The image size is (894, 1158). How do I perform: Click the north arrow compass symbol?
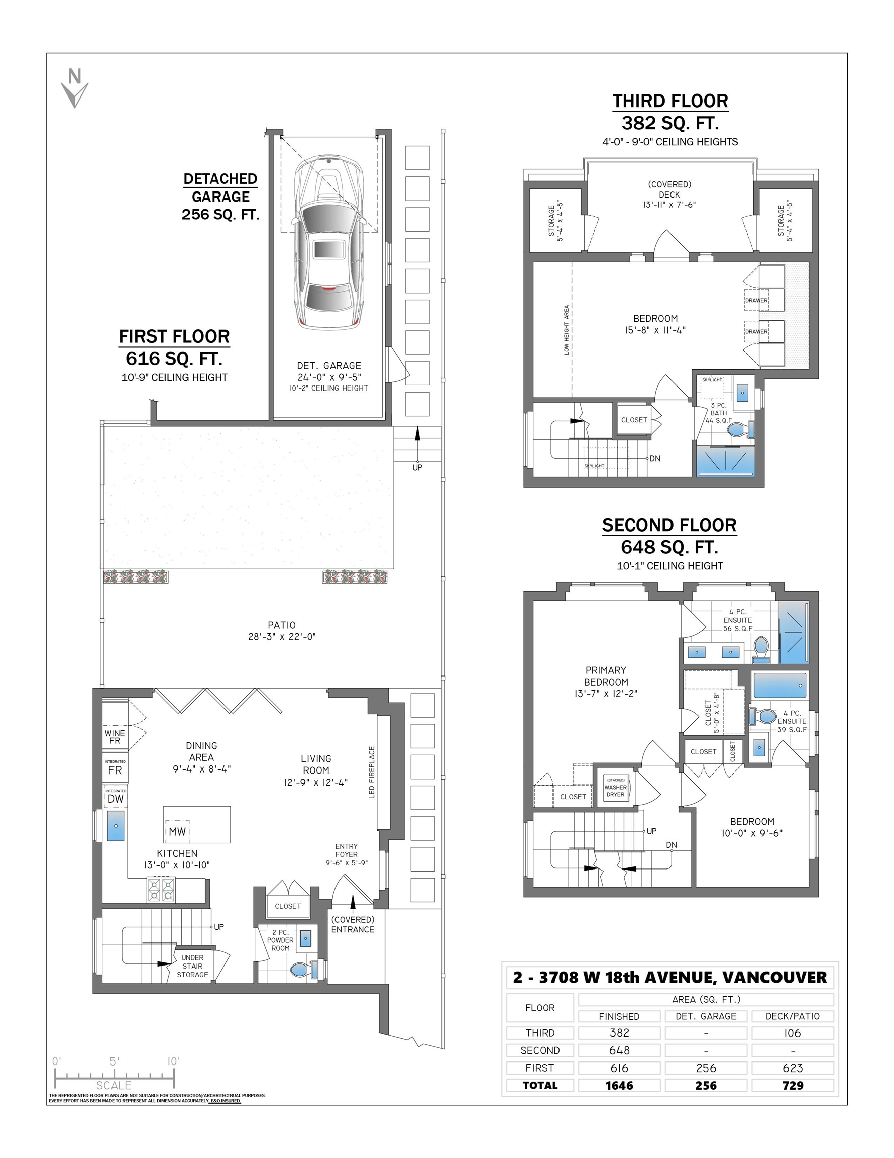point(75,88)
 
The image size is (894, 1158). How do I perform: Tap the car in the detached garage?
point(329,242)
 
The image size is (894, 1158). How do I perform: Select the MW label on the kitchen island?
point(177,831)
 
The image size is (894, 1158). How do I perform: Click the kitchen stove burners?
point(161,889)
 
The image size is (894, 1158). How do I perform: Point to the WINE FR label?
point(115,737)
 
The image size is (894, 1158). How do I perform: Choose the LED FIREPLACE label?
point(372,772)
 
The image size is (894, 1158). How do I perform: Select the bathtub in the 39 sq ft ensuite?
point(779,685)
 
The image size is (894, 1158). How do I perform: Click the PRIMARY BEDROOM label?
point(606,676)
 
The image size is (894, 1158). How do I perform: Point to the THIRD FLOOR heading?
point(670,101)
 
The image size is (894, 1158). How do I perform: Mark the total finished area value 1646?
point(619,1085)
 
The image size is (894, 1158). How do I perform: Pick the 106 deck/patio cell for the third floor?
point(792,1033)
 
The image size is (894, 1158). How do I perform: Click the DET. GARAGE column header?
point(706,1016)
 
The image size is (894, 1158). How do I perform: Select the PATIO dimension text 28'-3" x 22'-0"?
point(281,637)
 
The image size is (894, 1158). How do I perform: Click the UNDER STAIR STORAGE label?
point(192,966)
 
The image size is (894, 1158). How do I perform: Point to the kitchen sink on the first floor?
point(116,826)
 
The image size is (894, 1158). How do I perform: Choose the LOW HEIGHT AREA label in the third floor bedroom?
point(566,330)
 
